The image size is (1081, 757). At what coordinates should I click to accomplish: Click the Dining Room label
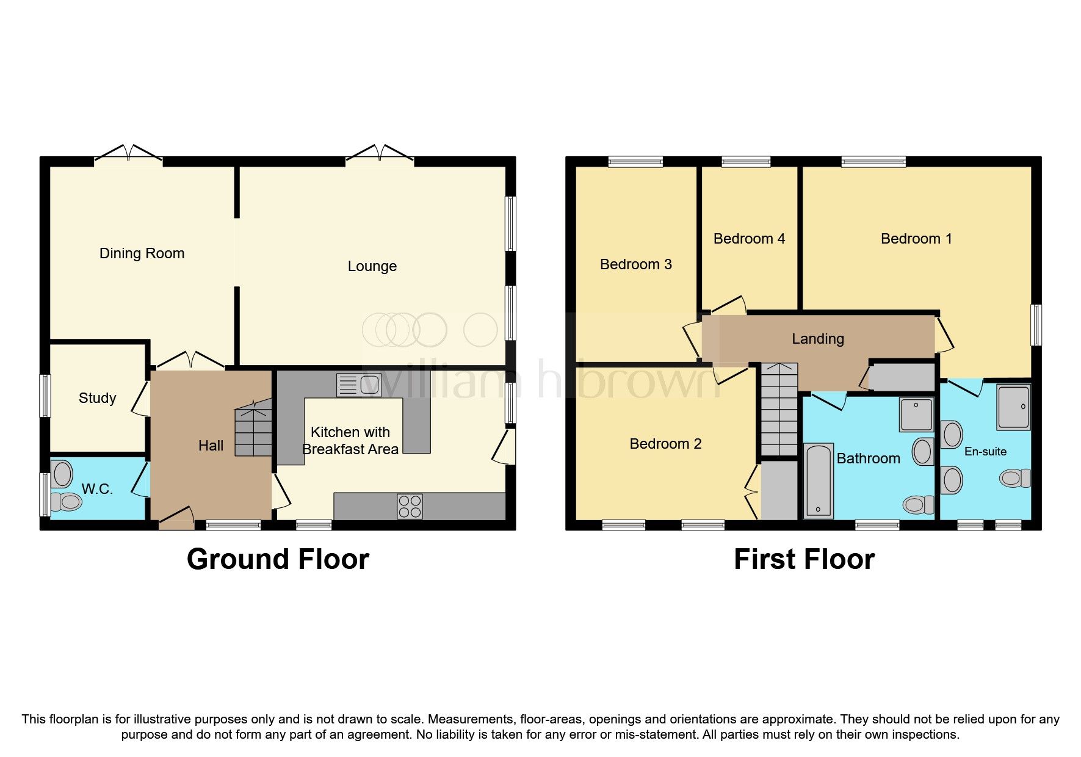(142, 253)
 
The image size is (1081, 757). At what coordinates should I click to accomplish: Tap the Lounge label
(372, 266)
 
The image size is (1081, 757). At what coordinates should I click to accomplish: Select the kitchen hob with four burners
(410, 506)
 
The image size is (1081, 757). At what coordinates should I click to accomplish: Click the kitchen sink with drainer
(359, 385)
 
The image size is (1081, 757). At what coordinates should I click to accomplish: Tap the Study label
(97, 398)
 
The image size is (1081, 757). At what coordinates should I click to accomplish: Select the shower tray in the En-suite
(1014, 406)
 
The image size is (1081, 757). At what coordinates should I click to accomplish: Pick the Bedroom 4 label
(749, 239)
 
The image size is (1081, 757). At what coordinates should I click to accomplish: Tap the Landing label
(817, 339)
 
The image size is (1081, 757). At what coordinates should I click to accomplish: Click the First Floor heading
(804, 559)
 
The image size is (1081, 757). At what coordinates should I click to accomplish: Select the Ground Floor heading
(278, 559)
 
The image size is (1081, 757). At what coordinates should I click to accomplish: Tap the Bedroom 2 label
(665, 444)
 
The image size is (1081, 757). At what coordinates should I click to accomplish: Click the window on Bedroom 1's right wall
(1036, 325)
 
